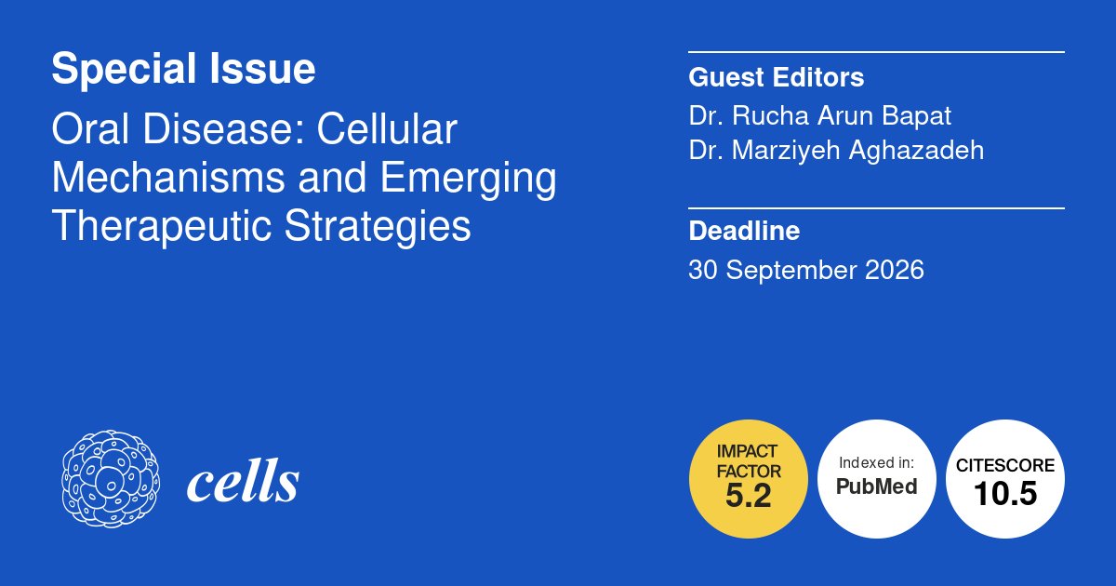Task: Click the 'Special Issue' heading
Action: [x=183, y=69]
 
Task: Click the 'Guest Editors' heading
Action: [x=776, y=76]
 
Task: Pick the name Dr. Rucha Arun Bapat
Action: [x=820, y=116]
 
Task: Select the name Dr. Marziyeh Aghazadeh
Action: [x=836, y=150]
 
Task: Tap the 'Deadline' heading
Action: [x=744, y=230]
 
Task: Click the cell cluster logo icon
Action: [x=110, y=480]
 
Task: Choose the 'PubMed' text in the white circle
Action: [x=876, y=486]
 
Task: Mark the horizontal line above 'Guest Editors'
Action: [x=876, y=52]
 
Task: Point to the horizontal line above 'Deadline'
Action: [x=876, y=208]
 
